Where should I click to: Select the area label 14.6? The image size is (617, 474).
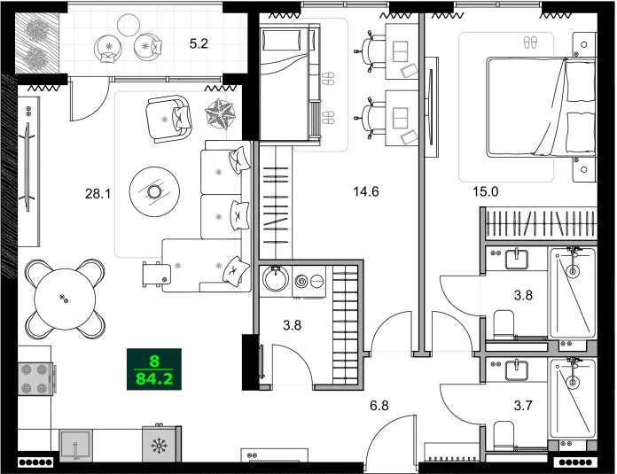click(366, 190)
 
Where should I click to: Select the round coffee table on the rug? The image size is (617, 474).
click(155, 190)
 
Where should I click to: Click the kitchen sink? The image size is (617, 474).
click(78, 445)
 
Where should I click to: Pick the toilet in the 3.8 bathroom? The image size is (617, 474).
click(502, 323)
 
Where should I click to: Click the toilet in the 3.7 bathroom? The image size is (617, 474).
click(502, 434)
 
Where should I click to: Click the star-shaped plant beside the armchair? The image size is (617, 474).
click(218, 113)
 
